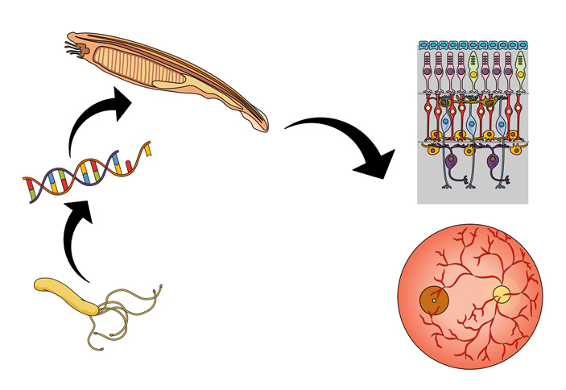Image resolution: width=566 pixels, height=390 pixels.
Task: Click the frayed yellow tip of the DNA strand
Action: (147, 148)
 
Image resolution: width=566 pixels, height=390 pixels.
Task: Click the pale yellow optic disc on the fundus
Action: (502, 295)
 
